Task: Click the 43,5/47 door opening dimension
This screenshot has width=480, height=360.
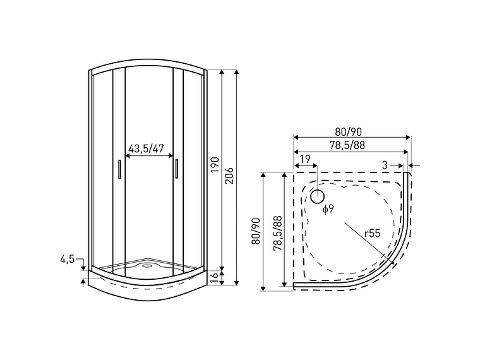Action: (x=147, y=149)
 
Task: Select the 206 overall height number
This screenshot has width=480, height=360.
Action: (x=230, y=175)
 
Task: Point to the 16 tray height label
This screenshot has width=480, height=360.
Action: (x=214, y=276)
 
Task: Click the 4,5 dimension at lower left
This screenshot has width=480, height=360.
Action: (x=68, y=260)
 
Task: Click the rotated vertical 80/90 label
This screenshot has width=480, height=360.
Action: (x=256, y=231)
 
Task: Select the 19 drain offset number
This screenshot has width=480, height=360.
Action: (x=305, y=159)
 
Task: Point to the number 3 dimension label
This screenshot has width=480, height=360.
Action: (x=385, y=165)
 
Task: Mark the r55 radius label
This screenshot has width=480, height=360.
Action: (x=372, y=233)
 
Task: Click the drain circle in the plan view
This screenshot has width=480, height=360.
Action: (x=316, y=197)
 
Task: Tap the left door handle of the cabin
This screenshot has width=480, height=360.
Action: (x=118, y=170)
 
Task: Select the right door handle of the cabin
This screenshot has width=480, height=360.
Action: (x=177, y=170)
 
